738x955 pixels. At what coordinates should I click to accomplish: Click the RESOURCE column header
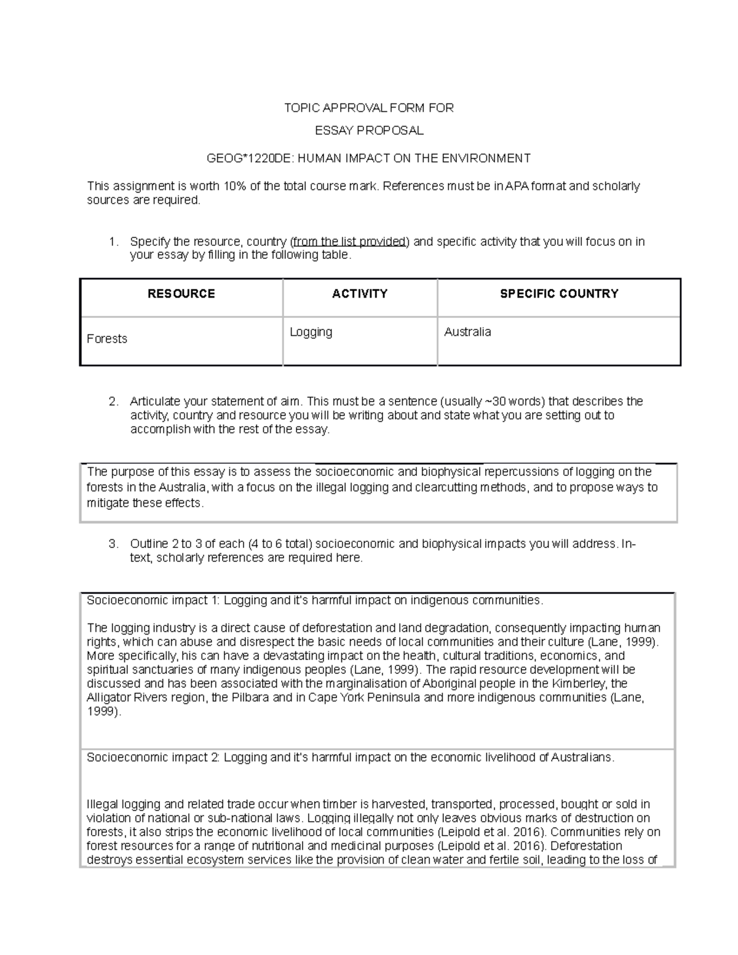click(x=181, y=294)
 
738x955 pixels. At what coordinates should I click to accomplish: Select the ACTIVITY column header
click(x=360, y=294)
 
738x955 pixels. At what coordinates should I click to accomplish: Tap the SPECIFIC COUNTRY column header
click(x=558, y=294)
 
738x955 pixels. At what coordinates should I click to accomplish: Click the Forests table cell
click(x=107, y=339)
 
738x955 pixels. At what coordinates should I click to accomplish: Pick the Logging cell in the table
click(x=311, y=332)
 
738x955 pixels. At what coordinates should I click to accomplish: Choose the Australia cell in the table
click(x=467, y=332)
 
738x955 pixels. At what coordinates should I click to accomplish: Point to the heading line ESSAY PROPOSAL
click(x=368, y=130)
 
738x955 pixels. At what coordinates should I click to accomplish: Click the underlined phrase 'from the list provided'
click(x=349, y=241)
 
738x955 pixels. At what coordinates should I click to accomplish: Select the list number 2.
click(x=113, y=402)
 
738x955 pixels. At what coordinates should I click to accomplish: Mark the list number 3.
click(x=113, y=544)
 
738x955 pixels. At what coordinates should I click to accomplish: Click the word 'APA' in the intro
click(x=515, y=186)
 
